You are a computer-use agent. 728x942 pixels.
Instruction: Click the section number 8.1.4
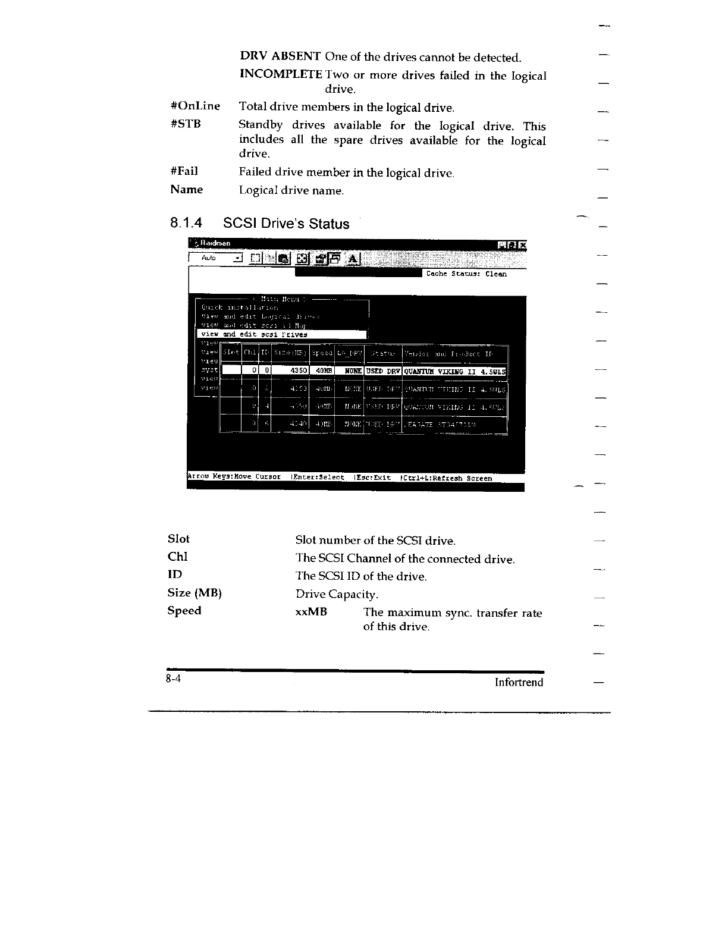pos(186,224)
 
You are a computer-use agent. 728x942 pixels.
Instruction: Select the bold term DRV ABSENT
pos(280,56)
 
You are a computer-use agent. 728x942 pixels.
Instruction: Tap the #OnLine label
pos(195,106)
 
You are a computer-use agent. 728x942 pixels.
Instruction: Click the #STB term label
pos(186,124)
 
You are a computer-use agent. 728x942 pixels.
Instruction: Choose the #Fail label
pos(184,172)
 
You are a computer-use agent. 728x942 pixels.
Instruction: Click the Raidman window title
pos(215,243)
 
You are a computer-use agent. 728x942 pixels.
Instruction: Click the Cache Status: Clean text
pos(466,274)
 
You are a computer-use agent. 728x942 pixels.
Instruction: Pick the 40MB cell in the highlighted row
pos(323,371)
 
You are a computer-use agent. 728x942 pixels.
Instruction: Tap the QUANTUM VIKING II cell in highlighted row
pos(454,372)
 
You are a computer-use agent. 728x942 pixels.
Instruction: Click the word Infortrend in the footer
pos(519,682)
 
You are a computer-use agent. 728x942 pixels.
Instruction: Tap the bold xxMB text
pos(311,611)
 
